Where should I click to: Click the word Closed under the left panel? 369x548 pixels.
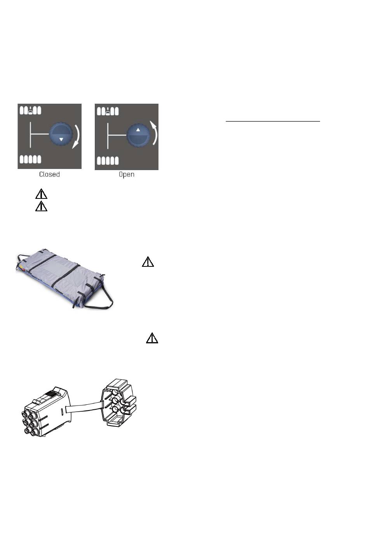49,174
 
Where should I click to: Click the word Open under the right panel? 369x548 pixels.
127,174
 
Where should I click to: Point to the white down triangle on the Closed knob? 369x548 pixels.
61,139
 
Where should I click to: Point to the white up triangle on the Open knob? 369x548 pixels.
138,131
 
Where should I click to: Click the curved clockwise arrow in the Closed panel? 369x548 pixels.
77,136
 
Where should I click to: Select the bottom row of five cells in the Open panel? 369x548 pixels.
108,160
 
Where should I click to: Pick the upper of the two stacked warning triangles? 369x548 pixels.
41,194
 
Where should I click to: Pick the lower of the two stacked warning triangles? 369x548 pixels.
41,206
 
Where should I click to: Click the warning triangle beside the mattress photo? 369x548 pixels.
148,262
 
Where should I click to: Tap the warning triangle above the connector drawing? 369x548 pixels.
152,338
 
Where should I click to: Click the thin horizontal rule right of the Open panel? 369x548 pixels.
273,121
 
